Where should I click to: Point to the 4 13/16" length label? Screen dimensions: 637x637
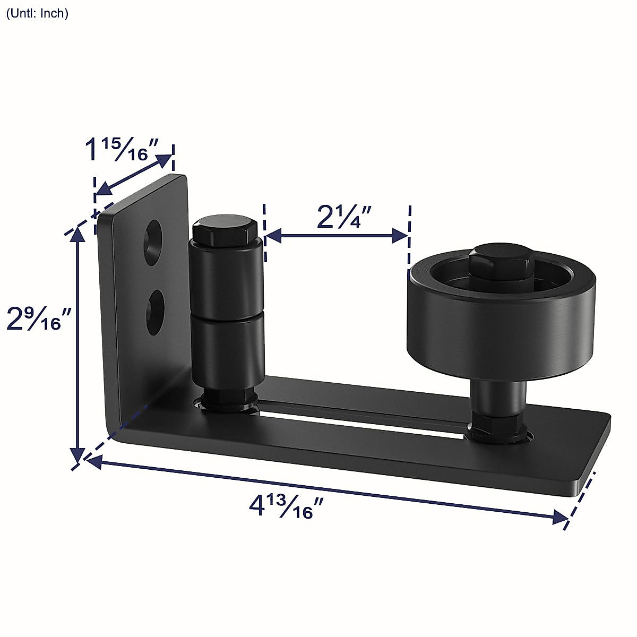click(x=287, y=506)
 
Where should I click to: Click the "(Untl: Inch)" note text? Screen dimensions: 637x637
click(x=37, y=14)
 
